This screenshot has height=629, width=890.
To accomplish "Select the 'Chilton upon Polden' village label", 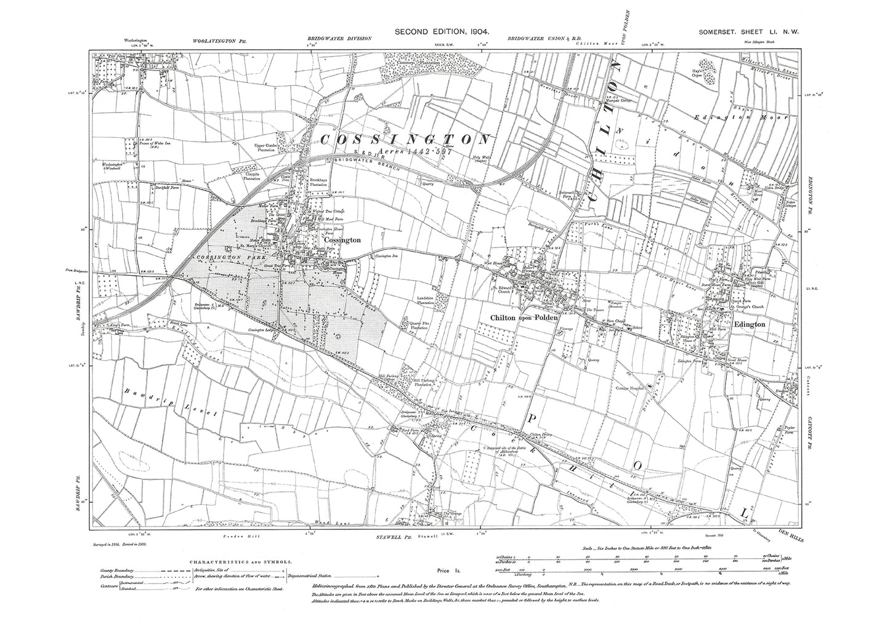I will pos(524,318).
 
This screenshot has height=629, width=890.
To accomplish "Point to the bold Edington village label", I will pos(749,324).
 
